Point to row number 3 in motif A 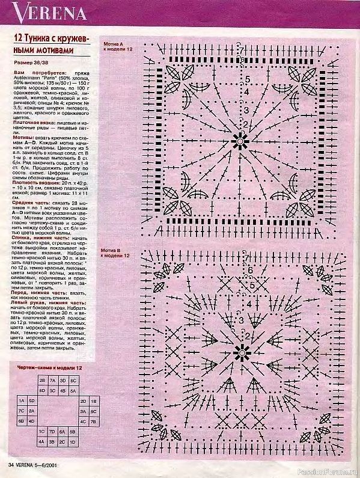246,111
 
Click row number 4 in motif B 248,304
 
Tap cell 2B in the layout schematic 43,381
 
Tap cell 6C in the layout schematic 73,381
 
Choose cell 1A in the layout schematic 22,400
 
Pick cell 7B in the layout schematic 94,421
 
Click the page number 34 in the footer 11,465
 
